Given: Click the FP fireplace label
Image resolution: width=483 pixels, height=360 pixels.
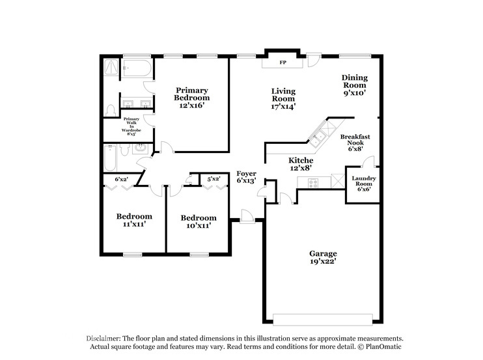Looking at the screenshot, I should coord(283,63).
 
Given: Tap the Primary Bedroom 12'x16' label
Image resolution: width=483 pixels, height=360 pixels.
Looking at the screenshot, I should coord(191,98).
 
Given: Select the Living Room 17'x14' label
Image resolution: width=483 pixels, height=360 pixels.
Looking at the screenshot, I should coord(283,98).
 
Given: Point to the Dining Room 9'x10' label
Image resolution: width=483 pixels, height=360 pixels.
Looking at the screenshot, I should coord(354,85).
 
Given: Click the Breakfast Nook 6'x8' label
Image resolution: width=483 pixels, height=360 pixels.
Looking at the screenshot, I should coord(355,142).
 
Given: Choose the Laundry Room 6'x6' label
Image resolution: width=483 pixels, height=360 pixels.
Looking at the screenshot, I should coord(363,183).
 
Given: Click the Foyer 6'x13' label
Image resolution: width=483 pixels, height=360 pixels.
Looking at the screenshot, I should coord(245,176).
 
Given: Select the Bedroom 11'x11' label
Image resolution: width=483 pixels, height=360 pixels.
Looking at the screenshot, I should coord(134,220).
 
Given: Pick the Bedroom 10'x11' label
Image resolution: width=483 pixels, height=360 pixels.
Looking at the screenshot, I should coord(198,221).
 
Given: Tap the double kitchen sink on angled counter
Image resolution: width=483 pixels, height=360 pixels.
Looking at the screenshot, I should coord(318,139).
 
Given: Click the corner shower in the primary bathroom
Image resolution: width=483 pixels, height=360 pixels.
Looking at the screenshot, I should coord(111,66).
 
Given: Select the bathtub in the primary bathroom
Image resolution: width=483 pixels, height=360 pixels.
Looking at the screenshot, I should coord(137,67).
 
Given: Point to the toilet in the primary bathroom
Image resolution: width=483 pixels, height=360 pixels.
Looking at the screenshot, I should coord(111,109).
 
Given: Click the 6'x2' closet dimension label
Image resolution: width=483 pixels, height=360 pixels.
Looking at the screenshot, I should coord(121,179).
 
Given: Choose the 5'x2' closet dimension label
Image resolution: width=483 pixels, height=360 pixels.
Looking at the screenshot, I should coord(214,179).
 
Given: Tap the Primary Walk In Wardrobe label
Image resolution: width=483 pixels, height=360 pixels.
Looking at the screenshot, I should coord(131,124).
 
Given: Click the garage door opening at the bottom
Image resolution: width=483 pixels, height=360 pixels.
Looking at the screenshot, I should coord(322,318).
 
